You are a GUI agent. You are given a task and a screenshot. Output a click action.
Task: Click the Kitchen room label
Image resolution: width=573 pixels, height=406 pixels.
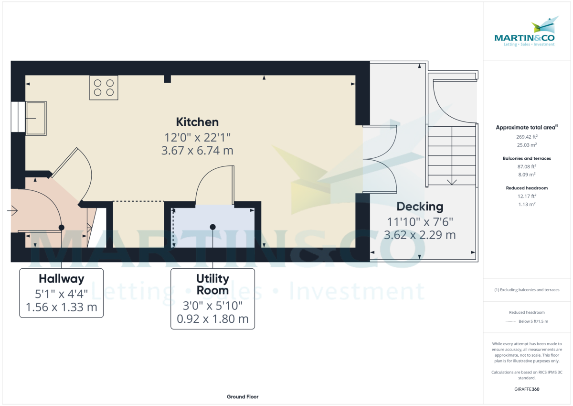197,121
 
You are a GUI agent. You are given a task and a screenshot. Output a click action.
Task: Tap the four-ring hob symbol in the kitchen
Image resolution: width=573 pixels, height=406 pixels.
104,88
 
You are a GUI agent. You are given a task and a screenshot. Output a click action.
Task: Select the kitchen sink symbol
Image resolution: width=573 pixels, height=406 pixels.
36,118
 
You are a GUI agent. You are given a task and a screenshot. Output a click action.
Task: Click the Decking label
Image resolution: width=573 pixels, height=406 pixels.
420,207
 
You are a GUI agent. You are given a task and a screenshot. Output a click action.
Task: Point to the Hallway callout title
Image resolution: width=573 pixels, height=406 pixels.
61,278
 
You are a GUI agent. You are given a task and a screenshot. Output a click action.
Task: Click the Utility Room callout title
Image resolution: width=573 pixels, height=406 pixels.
212,284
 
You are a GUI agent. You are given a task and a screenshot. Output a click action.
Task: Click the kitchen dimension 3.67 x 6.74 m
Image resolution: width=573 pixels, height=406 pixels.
197,151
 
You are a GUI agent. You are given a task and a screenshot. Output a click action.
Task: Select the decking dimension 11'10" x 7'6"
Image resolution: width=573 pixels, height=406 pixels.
420,221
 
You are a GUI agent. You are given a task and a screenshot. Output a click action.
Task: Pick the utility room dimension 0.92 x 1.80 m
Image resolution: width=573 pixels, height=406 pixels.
212,319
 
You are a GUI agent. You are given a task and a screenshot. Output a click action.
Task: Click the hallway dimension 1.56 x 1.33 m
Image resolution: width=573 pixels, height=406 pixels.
61,307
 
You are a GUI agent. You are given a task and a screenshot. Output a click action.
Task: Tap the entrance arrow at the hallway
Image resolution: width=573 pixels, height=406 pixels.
13,210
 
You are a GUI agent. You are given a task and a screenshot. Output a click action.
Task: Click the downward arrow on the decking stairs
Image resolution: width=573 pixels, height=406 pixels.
451,181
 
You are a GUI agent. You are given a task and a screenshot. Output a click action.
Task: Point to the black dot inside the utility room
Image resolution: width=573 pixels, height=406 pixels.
212,227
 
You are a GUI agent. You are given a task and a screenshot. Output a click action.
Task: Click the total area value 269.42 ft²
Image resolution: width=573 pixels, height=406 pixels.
527,137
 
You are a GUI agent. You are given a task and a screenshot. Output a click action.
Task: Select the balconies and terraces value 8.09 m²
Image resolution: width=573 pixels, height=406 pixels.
527,175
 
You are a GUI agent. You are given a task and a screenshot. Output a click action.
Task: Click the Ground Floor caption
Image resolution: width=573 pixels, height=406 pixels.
243,397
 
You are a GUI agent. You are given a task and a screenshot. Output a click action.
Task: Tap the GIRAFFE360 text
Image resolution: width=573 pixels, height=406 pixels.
527,389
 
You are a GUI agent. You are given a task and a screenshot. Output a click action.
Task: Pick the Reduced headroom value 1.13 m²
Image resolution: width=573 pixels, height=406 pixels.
527,204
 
